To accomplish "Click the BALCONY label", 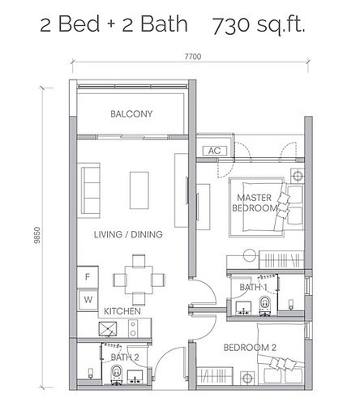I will coord(131,114).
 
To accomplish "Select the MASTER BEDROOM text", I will coord(258,203).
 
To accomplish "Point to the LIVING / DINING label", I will coord(127,234).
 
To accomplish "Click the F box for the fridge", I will coord(88,276).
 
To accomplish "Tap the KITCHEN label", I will coord(122,311).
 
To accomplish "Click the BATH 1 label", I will coord(254,288).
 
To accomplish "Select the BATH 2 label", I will coord(125,357).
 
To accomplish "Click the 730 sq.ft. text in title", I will coord(259,27).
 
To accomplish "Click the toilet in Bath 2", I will coord(117,371).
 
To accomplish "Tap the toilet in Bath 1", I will coord(264,304).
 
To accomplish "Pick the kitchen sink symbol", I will coord(107,328).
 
